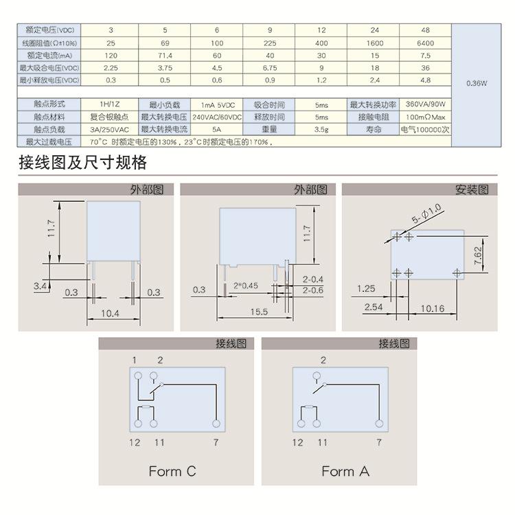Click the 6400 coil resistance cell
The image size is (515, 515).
point(425,43)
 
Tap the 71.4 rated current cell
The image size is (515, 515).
point(165,56)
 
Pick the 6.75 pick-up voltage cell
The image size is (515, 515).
point(269,68)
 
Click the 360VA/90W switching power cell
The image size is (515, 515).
point(426,104)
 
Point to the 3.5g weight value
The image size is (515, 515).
point(321,129)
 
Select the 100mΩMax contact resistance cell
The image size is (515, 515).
point(426,117)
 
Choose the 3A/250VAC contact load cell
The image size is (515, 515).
point(110,129)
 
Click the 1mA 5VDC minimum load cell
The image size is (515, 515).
point(217,104)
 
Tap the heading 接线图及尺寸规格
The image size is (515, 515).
point(83,163)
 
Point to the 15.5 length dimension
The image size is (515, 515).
point(259,312)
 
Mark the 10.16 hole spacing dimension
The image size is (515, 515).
point(431,308)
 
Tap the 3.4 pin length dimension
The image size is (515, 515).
point(39,284)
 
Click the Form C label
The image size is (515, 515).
point(172,471)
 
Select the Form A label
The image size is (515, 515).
point(345,471)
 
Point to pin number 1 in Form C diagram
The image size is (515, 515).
point(135,360)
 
